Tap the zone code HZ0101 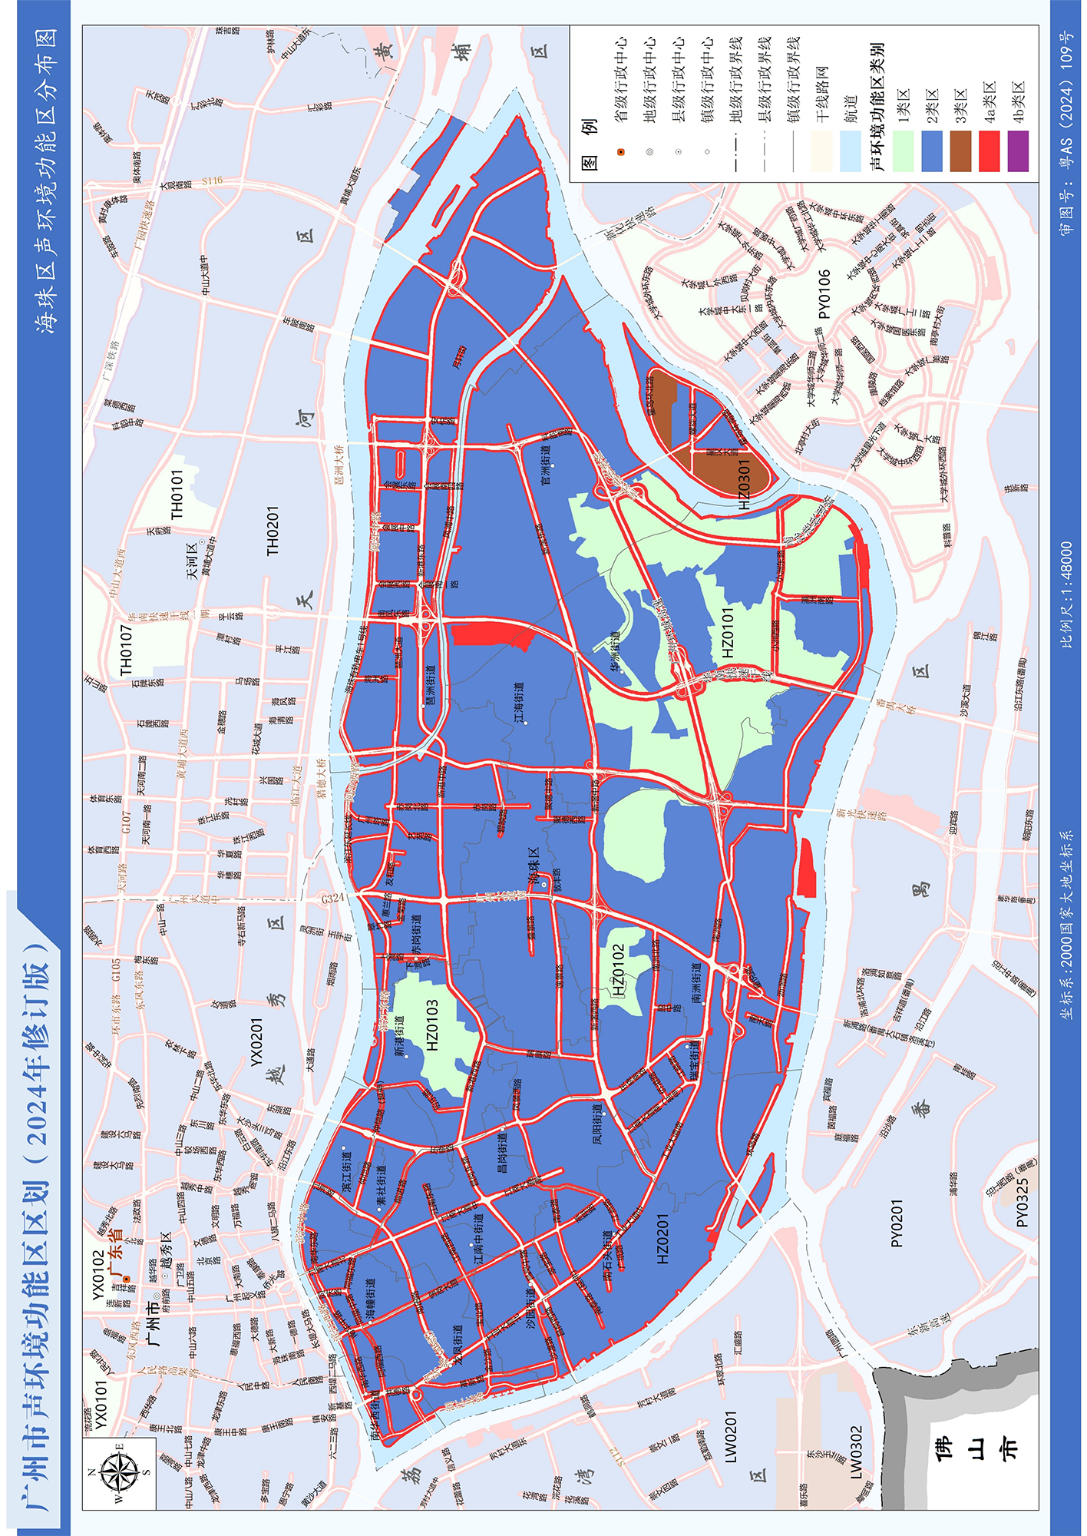[x=728, y=632]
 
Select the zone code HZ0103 [x=432, y=1025]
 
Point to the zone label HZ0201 [x=663, y=1239]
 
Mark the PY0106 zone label [x=824, y=294]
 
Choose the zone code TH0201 [x=273, y=531]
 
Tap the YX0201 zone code [x=257, y=1041]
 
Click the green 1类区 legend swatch [x=904, y=151]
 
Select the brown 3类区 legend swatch [x=960, y=151]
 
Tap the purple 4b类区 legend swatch [x=1017, y=151]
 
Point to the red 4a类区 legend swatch [x=989, y=151]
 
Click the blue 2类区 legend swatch [x=932, y=151]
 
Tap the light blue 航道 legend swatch [x=850, y=151]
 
